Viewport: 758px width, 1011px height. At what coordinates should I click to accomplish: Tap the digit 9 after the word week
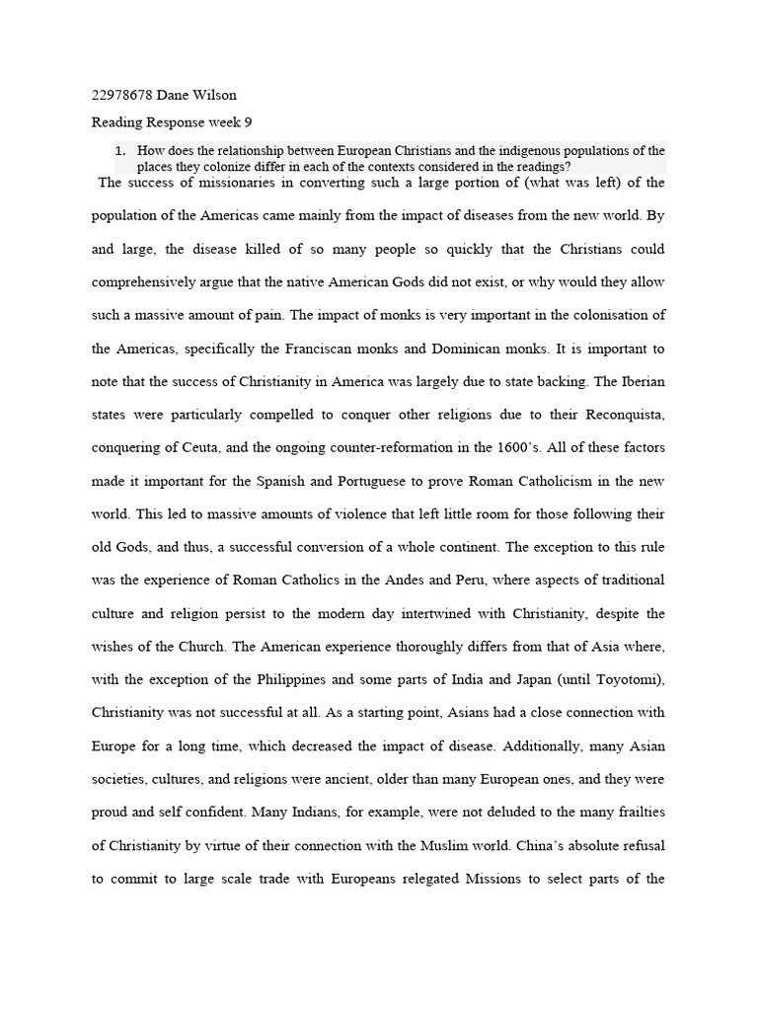click(250, 122)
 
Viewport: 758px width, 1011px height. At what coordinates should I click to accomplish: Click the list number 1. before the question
click(119, 151)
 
